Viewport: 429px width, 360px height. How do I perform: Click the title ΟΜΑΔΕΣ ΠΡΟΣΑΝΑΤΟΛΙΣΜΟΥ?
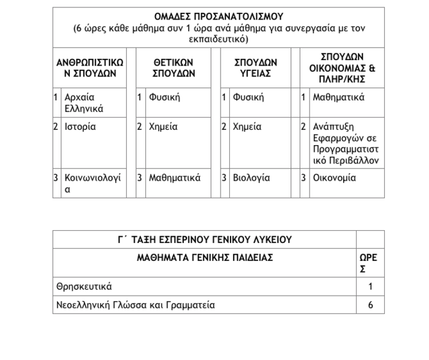pos(218,16)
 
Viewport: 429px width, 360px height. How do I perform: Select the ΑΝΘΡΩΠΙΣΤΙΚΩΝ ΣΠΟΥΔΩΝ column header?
pos(89,68)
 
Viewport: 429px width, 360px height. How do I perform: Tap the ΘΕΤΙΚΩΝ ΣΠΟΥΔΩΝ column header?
pos(173,68)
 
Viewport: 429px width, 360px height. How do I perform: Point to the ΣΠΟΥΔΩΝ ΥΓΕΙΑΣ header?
pos(256,68)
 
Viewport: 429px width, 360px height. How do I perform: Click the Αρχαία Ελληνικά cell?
pos(84,103)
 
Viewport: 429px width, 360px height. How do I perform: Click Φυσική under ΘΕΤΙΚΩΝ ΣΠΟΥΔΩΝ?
pos(165,97)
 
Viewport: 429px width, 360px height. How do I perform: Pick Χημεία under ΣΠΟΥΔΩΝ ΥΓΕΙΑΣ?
pos(247,127)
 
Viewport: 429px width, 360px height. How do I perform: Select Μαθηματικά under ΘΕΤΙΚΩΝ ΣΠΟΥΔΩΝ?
pos(175,178)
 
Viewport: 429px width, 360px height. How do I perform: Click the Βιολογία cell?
pos(251,178)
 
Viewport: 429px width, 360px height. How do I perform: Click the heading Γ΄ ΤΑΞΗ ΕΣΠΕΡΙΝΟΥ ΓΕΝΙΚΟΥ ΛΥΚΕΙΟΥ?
pos(205,239)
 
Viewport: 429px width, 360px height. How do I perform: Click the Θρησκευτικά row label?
pos(84,286)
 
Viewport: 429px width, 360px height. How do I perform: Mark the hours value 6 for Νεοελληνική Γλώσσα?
pos(370,304)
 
